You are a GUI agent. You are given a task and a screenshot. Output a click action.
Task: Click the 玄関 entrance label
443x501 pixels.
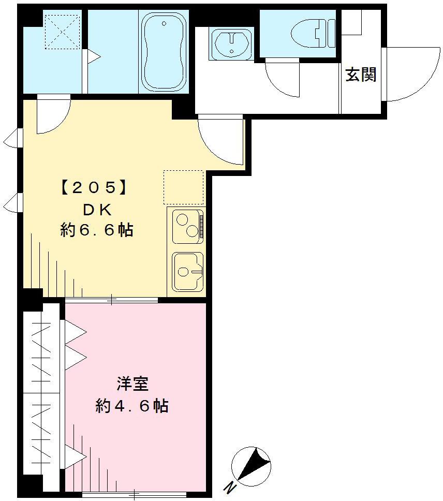pos(360,76)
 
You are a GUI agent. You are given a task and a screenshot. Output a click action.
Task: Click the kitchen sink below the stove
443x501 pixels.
pos(187,271)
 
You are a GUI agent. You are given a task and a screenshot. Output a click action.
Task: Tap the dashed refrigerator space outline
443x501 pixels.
pos(184,187)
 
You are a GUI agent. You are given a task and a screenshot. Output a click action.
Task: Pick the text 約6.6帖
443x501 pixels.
pos(97,230)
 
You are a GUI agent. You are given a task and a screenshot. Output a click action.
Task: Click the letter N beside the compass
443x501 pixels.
pos(228,487)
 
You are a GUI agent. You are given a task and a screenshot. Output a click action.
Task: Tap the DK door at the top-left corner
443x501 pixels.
pos(51,115)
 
